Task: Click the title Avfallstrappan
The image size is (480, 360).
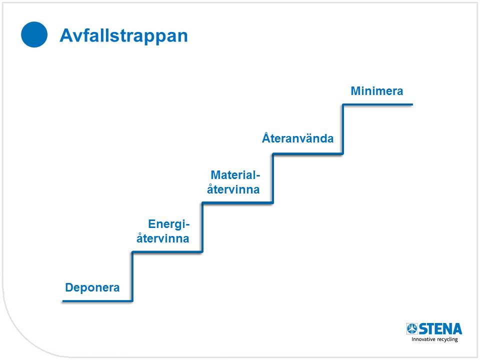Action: tap(123, 36)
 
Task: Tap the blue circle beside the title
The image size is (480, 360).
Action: tap(34, 34)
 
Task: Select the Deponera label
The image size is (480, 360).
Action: tap(92, 288)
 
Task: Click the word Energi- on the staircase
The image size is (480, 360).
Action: tap(169, 224)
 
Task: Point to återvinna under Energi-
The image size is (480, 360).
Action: tap(163, 238)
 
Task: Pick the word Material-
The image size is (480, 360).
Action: tap(235, 175)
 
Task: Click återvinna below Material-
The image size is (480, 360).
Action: tap(233, 189)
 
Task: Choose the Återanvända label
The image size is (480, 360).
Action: tap(298, 138)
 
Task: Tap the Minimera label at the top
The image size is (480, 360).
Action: tap(377, 91)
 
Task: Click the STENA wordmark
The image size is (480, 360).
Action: tap(440, 329)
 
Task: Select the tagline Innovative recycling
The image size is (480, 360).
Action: tap(434, 339)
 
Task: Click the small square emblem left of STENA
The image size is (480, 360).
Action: tap(411, 329)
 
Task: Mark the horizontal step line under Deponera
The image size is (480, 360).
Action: tap(97, 301)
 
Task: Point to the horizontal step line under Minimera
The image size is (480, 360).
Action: tap(378, 104)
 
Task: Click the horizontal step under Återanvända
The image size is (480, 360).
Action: tap(307, 153)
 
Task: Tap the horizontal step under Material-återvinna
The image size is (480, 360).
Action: tap(237, 202)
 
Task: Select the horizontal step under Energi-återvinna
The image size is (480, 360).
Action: tap(167, 252)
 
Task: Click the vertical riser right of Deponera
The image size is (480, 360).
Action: tap(132, 276)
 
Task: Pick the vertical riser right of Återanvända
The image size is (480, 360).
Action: tap(343, 129)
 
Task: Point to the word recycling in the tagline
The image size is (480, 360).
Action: tap(447, 339)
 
